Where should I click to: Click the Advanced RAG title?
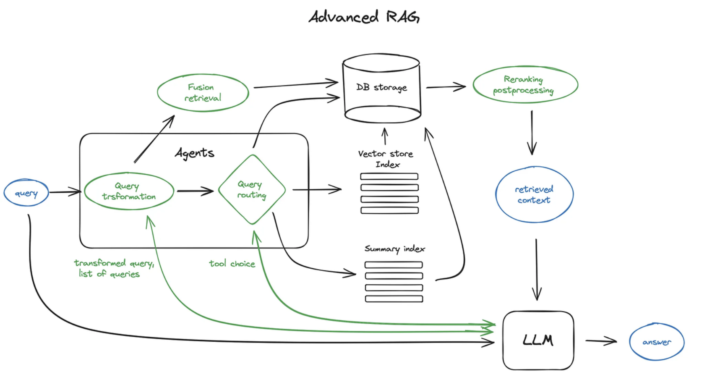364,17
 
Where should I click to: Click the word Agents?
194,153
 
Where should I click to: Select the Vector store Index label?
386,159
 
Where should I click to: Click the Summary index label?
395,249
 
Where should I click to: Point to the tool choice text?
232,263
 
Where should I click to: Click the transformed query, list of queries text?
114,268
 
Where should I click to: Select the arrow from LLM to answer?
601,341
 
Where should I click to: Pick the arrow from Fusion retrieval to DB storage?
296,85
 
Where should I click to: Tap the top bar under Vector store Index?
389,176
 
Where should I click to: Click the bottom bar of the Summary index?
394,299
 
